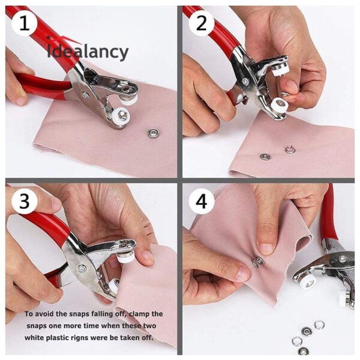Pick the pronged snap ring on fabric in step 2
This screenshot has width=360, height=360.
pos(290,149)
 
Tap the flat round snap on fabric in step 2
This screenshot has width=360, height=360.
pos(265,157)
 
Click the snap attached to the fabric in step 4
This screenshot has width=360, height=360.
pos(257,262)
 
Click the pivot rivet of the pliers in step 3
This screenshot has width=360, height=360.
pos(82,269)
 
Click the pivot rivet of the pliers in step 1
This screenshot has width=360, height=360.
pos(85,95)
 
